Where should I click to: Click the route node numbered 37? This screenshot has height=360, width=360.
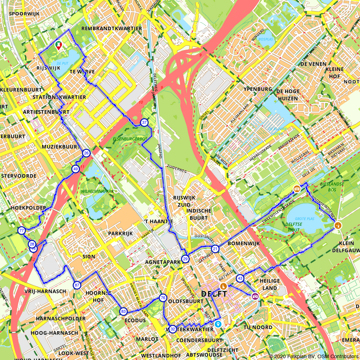click(x=144, y=122)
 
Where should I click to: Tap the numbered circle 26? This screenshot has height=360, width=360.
click(x=86, y=153)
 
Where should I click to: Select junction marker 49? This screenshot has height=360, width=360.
click(x=75, y=169)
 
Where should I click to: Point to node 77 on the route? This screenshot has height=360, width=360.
click(x=21, y=230)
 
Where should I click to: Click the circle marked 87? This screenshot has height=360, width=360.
click(x=77, y=285)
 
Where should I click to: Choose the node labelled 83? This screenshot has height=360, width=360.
click(x=123, y=311)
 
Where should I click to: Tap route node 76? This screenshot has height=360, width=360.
click(x=163, y=298)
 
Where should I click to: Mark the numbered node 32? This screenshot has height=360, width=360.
click(x=173, y=329)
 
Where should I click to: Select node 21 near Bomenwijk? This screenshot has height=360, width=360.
click(x=215, y=249)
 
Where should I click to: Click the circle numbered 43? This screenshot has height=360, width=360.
click(x=240, y=278)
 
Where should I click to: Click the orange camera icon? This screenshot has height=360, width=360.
click(x=297, y=189)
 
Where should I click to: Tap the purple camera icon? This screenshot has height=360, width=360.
click(x=255, y=296)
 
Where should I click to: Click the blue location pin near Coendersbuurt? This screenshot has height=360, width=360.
click(x=218, y=324)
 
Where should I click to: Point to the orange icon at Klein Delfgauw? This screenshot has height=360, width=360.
click(x=337, y=225)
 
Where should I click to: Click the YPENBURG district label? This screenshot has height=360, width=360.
click(x=257, y=89)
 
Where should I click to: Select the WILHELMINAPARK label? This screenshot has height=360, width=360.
click(x=95, y=191)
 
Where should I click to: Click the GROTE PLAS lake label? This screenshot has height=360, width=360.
click(x=304, y=219)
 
